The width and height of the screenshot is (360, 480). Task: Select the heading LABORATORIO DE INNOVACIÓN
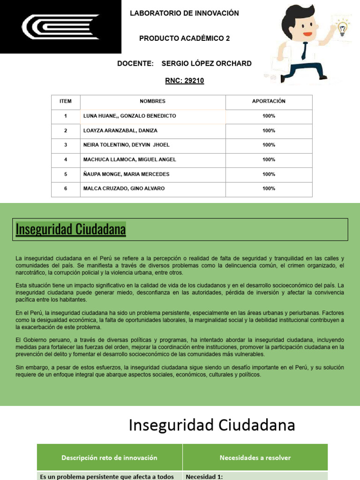[184, 13]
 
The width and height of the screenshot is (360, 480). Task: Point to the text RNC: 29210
[184, 81]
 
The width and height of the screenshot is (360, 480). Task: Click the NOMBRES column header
[152, 101]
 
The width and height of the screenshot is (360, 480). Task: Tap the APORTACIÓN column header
[269, 101]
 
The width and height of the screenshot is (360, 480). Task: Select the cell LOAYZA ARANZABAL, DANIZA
[120, 130]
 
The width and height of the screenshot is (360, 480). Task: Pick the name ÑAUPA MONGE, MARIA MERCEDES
[126, 174]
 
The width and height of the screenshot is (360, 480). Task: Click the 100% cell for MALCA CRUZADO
[269, 188]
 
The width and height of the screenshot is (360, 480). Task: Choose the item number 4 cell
[66, 159]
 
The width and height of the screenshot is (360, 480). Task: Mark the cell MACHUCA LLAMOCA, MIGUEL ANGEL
[129, 159]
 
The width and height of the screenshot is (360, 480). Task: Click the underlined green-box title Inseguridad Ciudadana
[71, 230]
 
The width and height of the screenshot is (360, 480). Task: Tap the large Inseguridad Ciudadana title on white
[212, 425]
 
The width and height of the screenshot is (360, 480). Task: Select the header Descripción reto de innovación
[109, 457]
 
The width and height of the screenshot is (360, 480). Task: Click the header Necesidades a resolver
[255, 457]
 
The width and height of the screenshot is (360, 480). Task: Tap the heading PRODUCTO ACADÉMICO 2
[184, 38]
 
